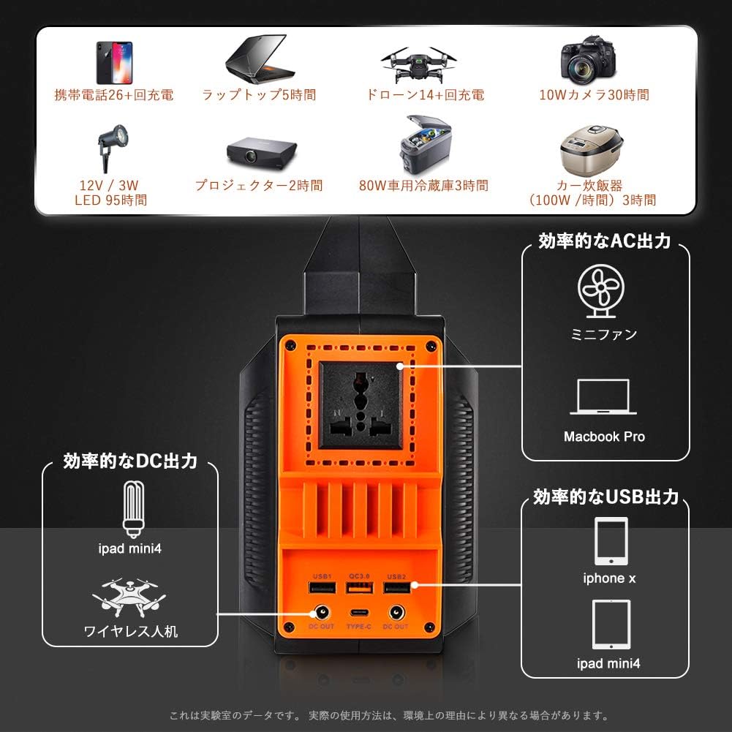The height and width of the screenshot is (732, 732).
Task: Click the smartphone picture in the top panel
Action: click(x=113, y=62)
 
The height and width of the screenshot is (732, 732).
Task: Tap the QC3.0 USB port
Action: click(x=358, y=589)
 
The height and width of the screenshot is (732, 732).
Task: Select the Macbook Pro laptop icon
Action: click(x=603, y=399)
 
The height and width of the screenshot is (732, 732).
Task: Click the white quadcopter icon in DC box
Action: click(x=129, y=598)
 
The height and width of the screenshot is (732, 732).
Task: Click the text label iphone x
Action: click(x=609, y=578)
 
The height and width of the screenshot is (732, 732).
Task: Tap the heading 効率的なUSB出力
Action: click(x=606, y=497)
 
